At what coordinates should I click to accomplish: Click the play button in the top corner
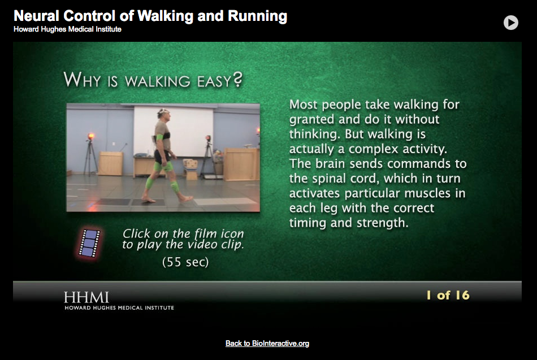510,22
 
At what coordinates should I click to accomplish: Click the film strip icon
89,242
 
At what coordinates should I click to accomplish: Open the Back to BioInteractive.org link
267,343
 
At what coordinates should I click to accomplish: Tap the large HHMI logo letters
86,297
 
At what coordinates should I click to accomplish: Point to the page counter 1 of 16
447,295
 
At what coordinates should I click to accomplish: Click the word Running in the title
257,16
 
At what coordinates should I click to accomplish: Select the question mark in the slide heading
238,80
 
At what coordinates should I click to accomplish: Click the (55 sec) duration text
185,262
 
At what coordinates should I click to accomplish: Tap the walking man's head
164,114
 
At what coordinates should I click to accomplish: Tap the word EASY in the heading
207,80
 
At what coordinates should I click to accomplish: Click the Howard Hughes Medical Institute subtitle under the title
67,29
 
